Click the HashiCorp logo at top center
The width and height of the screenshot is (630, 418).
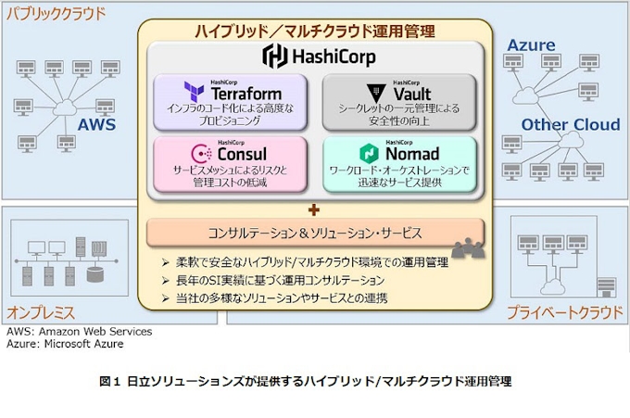click(315, 56)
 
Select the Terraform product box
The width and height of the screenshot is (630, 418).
click(230, 101)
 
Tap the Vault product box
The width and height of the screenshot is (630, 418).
click(399, 101)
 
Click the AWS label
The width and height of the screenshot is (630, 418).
click(97, 124)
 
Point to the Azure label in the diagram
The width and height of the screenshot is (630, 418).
click(531, 44)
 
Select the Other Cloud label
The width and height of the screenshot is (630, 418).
click(570, 124)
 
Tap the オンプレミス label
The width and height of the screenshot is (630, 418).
click(42, 311)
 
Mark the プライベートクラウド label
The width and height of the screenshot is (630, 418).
click(563, 311)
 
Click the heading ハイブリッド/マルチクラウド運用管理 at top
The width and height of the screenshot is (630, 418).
click(315, 31)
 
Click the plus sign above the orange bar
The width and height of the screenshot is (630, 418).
click(315, 209)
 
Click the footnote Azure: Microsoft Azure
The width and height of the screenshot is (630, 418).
click(65, 344)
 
